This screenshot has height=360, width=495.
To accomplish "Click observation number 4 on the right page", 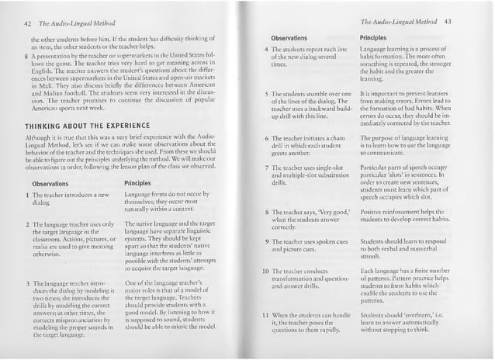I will pyautogui.click(x=265, y=50).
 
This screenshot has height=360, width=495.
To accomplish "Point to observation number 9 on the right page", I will pyautogui.click(x=265, y=241).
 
